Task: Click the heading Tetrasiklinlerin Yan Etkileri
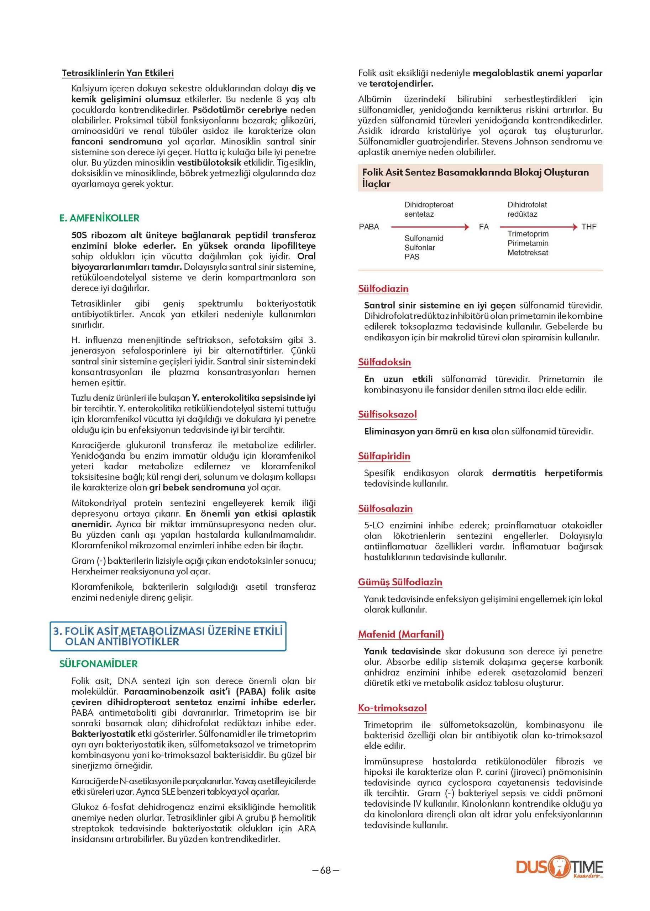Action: click(118, 73)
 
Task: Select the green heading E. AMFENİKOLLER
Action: click(99, 218)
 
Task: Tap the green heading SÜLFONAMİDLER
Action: click(99, 664)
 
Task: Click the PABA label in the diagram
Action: click(369, 227)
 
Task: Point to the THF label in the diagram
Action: click(589, 227)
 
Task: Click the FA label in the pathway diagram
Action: click(484, 227)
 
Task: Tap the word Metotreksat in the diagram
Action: click(528, 252)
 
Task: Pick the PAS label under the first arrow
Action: click(412, 257)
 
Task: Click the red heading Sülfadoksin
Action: click(384, 362)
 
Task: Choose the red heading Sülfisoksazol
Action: click(387, 415)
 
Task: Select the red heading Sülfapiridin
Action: click(384, 456)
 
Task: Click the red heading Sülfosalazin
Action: click(385, 509)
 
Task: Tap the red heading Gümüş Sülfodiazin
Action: click(400, 582)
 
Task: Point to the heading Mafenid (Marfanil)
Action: click(401, 634)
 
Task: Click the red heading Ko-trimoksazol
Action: click(392, 708)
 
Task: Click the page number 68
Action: click(325, 870)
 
